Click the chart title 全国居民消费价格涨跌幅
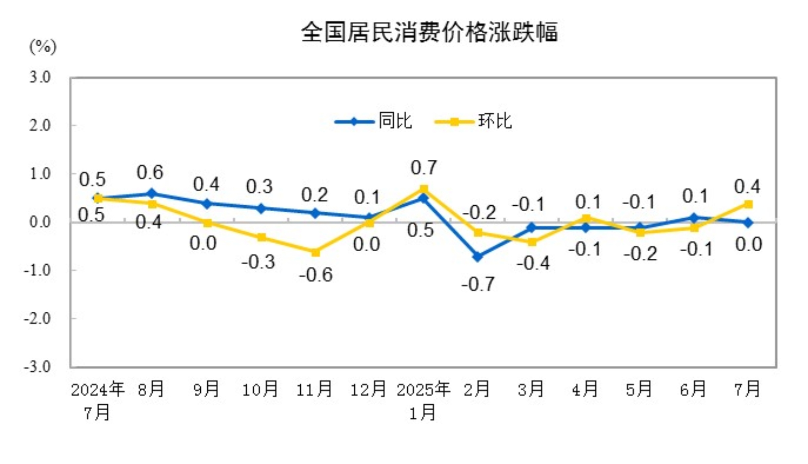429,32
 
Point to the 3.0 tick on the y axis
40,77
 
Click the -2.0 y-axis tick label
37,318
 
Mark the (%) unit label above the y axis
43,47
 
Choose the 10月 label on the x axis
260,389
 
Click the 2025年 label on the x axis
423,389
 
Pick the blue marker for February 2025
478,256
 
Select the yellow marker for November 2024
315,252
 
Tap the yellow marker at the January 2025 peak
423,190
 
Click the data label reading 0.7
423,168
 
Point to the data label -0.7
478,284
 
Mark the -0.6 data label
316,275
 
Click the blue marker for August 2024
151,194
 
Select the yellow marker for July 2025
748,204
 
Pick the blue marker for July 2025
748,223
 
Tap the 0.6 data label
150,172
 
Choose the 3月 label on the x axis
530,389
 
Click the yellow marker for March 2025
532,242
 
